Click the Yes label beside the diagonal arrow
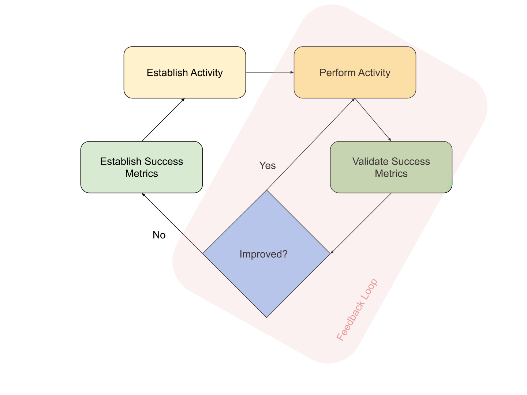pyautogui.click(x=268, y=166)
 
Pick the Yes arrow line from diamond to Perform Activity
pyautogui.click(x=311, y=144)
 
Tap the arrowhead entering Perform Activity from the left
pyautogui.click(x=292, y=72)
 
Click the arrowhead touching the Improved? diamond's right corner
pyautogui.click(x=332, y=252)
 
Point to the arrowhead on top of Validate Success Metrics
pyautogui.click(x=390, y=139)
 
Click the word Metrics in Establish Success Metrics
pyautogui.click(x=142, y=173)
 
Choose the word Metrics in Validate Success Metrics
pyautogui.click(x=391, y=173)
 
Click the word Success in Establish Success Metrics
pyautogui.click(x=163, y=161)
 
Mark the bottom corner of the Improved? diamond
pyautogui.click(x=267, y=317)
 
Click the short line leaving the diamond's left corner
pyautogui.click(x=193, y=243)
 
